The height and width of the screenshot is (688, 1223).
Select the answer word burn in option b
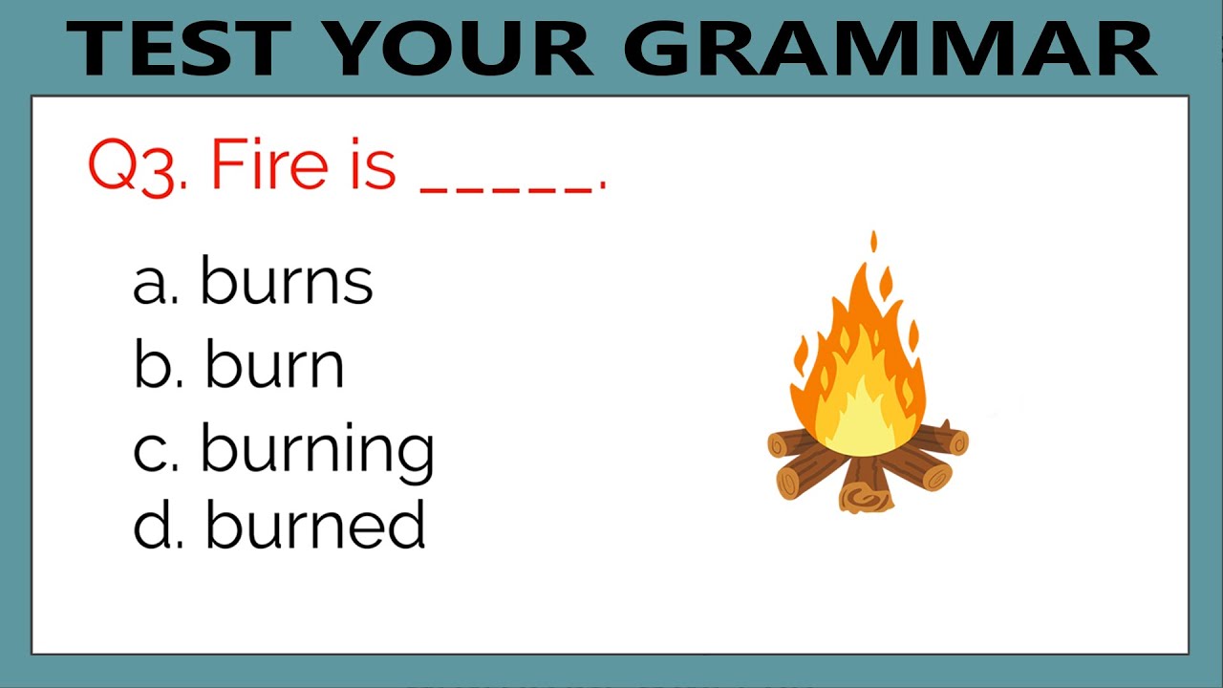[275, 365]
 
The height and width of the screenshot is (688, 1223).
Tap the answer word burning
[317, 449]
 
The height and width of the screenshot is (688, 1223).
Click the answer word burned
[315, 527]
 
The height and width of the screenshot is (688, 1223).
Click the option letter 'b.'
[157, 365]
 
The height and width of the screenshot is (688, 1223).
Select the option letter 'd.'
[157, 527]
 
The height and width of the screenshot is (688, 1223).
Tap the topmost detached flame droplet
[873, 242]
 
